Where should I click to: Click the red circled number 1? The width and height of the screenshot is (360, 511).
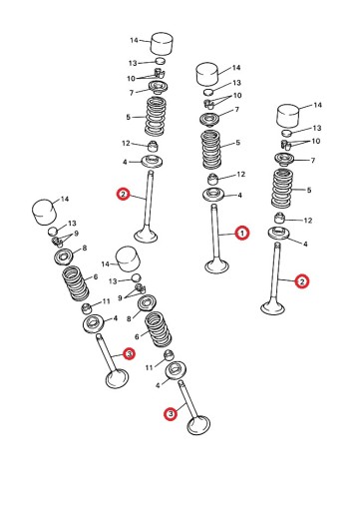242,234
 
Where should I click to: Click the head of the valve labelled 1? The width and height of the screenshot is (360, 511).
217,266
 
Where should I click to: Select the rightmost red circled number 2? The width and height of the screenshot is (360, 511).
302,281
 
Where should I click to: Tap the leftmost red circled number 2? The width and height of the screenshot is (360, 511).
123,194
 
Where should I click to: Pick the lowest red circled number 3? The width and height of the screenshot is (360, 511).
171,414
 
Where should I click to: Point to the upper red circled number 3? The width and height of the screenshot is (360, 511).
129,353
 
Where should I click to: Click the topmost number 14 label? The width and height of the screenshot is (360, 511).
134,40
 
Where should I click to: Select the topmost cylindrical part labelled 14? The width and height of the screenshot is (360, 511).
163,43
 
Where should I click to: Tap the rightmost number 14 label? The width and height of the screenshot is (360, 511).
318,105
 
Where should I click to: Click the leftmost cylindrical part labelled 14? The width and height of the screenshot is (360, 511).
43,212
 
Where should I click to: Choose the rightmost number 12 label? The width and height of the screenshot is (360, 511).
308,221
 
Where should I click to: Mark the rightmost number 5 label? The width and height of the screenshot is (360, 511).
309,190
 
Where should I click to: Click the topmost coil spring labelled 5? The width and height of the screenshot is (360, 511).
156,116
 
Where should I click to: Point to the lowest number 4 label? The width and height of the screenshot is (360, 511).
158,385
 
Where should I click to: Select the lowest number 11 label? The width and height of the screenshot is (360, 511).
149,367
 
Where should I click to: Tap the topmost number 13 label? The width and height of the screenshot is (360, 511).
133,63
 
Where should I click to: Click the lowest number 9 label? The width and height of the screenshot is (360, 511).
120,297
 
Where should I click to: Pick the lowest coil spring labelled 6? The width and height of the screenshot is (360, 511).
159,329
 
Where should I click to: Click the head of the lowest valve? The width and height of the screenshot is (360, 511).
198,425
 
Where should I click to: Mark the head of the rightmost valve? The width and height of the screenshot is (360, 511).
272,307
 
